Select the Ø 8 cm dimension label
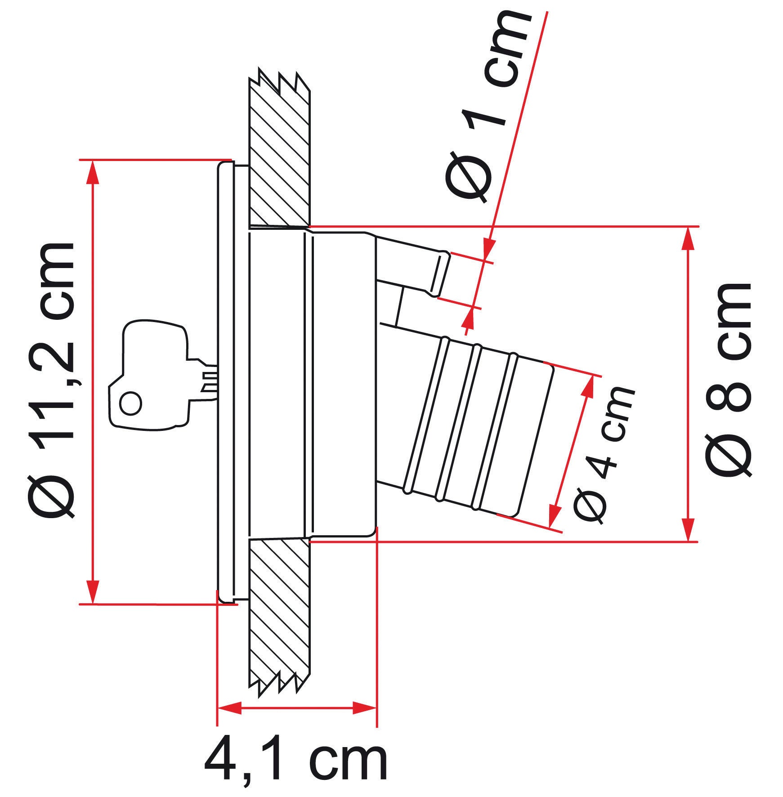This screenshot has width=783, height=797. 728,381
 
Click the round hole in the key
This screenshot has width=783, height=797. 131,403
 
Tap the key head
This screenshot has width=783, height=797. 148,373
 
